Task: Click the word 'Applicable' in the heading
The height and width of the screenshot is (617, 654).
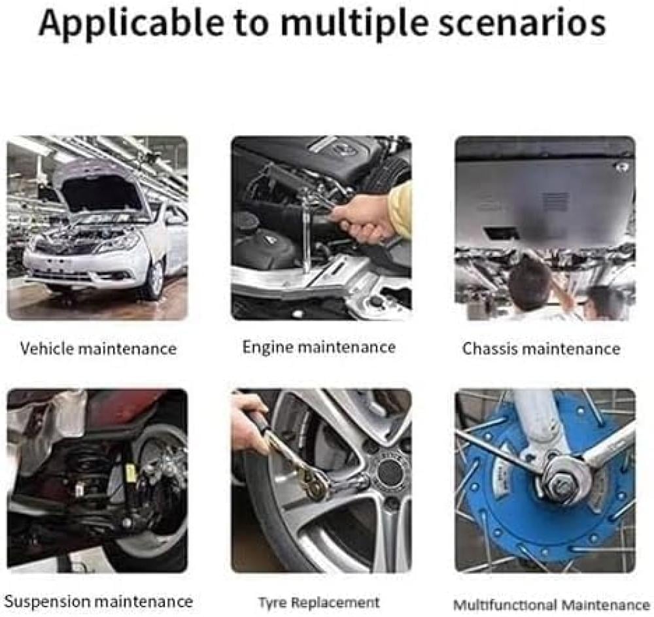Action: pos(131,24)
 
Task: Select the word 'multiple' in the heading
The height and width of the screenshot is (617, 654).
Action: pos(354,24)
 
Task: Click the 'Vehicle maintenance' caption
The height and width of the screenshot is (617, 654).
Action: pos(99,348)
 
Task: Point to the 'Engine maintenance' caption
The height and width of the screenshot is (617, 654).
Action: pos(319,347)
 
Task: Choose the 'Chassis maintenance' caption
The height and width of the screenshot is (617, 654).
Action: pos(542,348)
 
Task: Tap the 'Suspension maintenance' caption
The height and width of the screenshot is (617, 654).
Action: pos(99,601)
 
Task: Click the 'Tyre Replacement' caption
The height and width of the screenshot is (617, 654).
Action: pos(319,603)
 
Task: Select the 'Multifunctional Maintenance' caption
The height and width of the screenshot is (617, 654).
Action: pos(551,605)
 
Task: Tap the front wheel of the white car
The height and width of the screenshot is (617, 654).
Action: pos(156,278)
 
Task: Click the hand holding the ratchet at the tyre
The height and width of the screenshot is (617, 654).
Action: pos(249,421)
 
